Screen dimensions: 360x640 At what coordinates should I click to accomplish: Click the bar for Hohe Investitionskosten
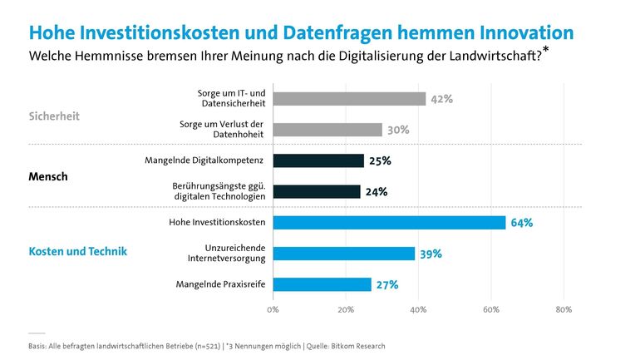tap(389, 223)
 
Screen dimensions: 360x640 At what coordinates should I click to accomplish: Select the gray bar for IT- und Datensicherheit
tap(349, 99)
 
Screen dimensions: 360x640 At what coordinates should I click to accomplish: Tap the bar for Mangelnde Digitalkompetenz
tap(318, 160)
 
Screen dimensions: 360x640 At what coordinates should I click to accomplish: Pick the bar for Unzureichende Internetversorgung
tap(343, 254)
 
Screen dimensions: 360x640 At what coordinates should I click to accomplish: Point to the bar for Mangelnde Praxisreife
tap(322, 284)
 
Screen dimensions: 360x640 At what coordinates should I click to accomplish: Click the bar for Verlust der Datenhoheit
tap(327, 130)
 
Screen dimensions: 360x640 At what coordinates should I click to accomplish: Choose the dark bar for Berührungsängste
tap(317, 191)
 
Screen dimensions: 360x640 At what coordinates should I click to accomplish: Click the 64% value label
tap(522, 223)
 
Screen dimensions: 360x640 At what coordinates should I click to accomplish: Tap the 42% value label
tap(442, 99)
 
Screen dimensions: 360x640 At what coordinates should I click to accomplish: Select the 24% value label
tap(377, 191)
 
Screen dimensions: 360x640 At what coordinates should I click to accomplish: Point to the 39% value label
tap(431, 254)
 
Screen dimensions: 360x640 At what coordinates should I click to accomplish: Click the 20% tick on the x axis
tap(345, 310)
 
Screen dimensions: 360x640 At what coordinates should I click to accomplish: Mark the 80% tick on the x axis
tap(564, 310)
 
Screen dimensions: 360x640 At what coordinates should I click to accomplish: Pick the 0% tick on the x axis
tap(273, 310)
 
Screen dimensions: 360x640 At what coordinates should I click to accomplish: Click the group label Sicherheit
tap(54, 116)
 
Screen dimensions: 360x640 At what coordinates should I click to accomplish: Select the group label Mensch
tap(48, 177)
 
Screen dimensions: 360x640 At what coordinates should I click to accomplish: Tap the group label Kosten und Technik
tap(77, 251)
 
